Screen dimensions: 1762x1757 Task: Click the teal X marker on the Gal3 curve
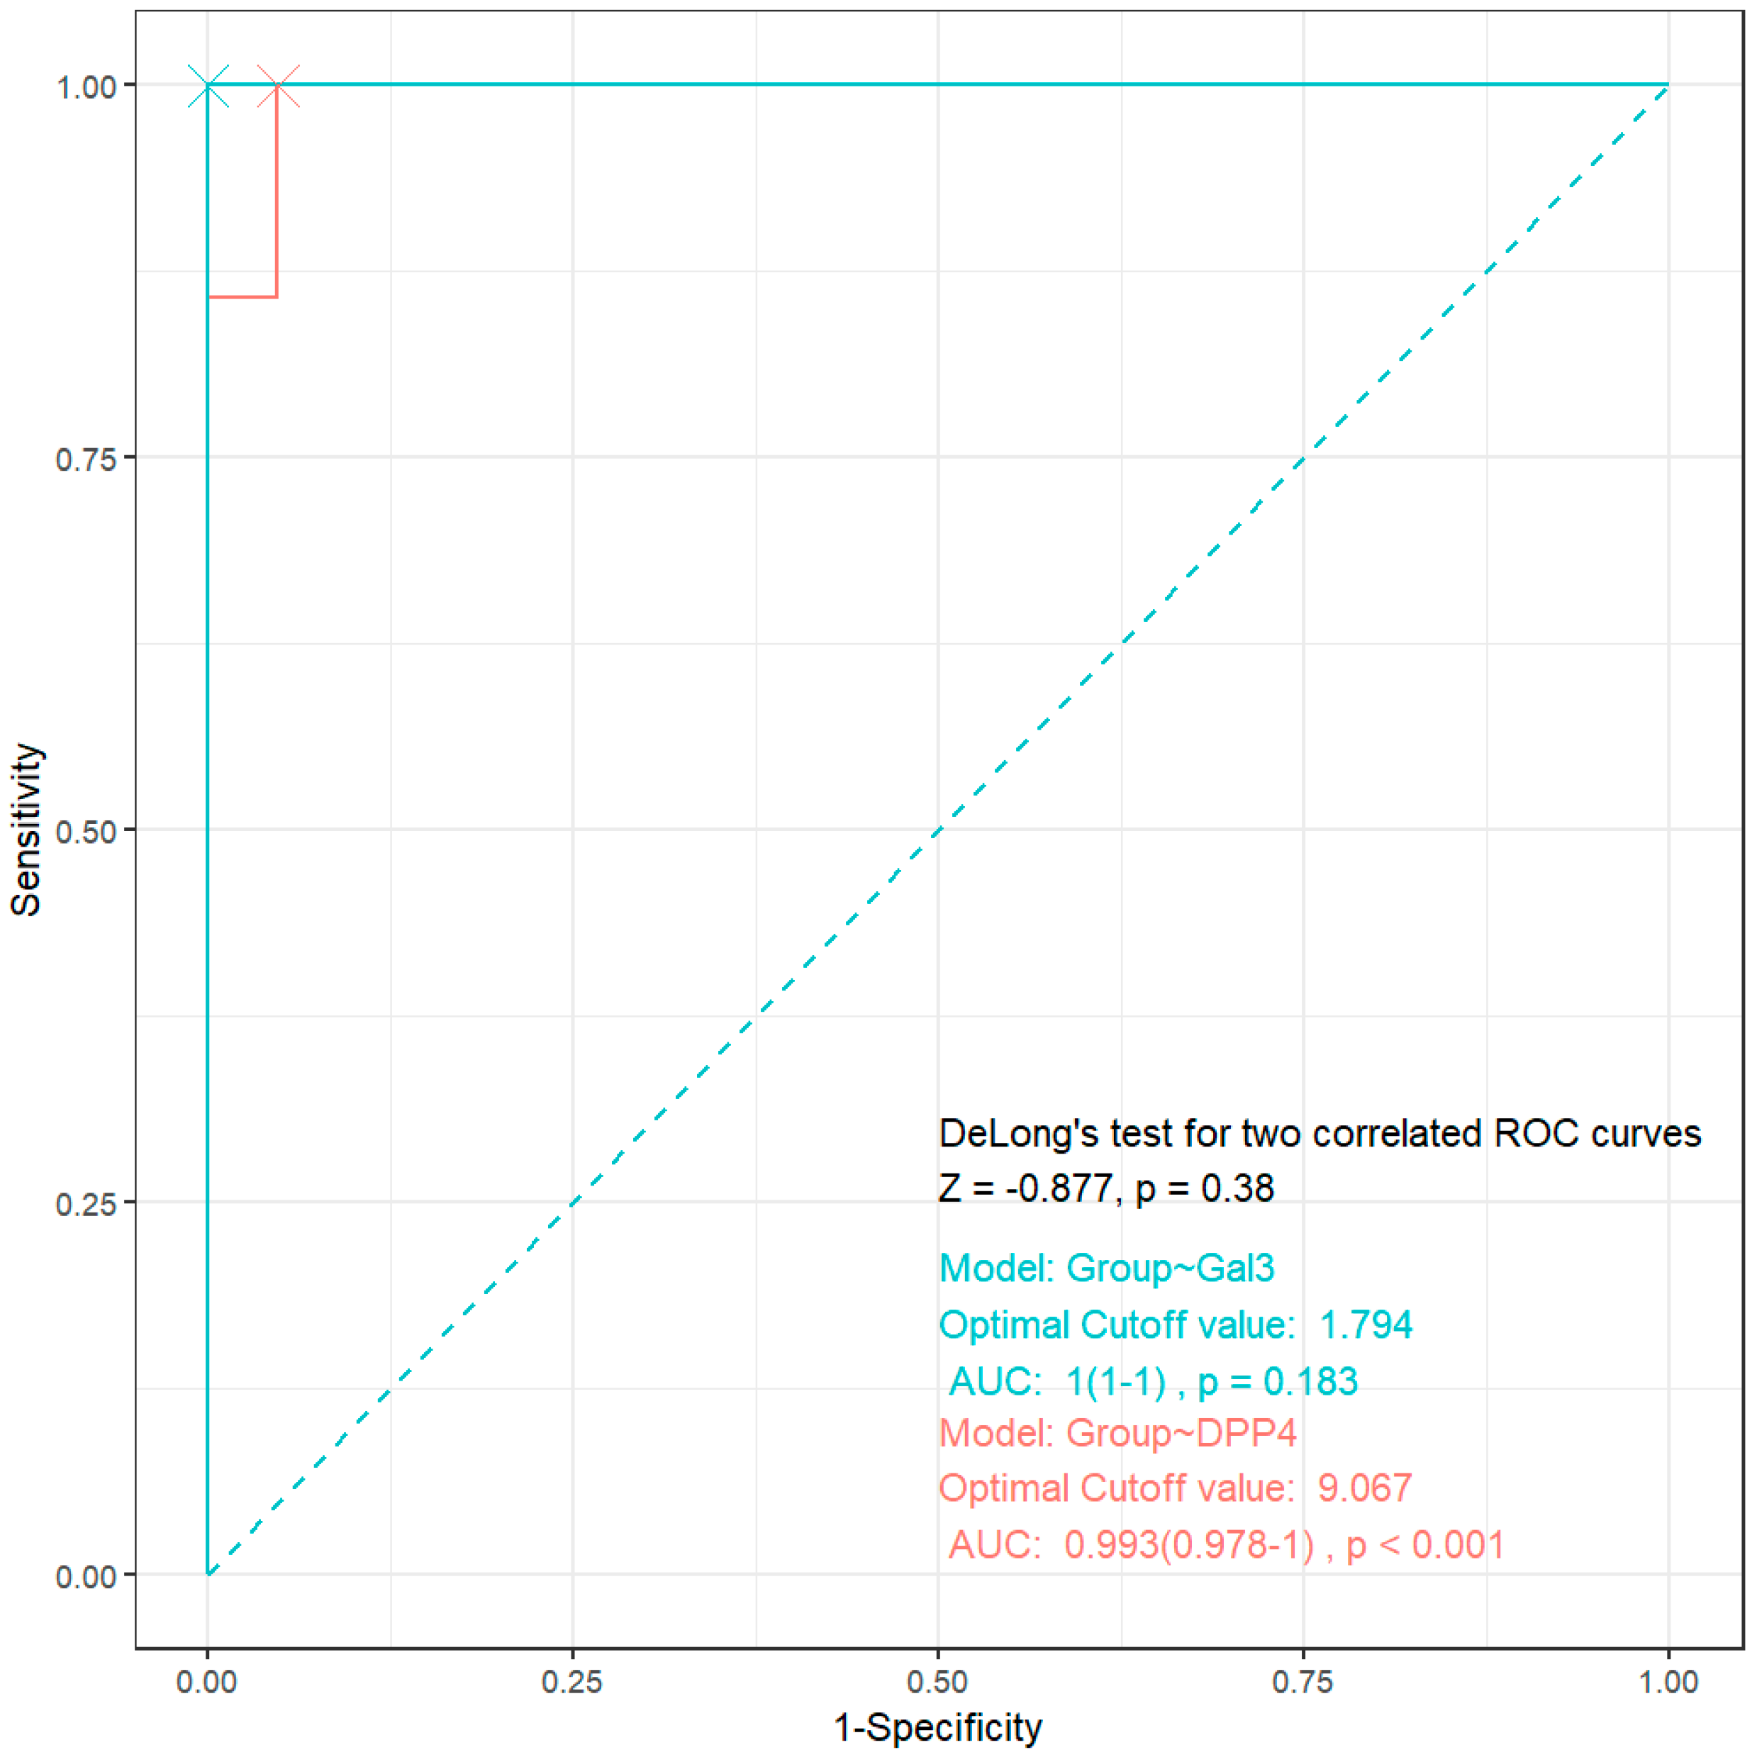(x=208, y=86)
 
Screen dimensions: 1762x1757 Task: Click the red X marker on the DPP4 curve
(x=277, y=86)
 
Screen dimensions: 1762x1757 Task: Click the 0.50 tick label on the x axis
(x=937, y=1682)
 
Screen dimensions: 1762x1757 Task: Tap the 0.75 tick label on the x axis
(x=1303, y=1682)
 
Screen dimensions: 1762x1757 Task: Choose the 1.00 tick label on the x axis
(x=1668, y=1682)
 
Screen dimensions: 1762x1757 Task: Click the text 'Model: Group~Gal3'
(x=1106, y=1268)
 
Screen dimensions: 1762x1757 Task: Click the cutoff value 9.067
(x=1364, y=1488)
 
